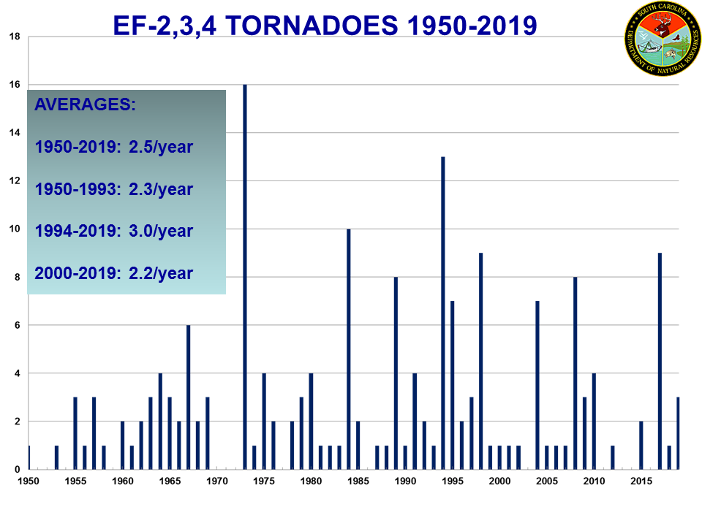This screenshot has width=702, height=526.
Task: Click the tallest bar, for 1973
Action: tap(245, 278)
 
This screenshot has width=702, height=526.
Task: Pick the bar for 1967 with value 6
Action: tap(189, 397)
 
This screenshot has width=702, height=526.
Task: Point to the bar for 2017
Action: tap(660, 361)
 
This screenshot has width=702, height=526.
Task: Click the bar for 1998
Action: tap(481, 361)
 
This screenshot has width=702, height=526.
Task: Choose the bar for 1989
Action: tap(396, 373)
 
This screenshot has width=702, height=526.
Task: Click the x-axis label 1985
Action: tap(358, 481)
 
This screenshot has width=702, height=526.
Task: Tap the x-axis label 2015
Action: tap(641, 481)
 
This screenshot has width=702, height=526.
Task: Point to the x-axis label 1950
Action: tap(29, 481)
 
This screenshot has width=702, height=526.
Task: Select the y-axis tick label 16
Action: tap(14, 85)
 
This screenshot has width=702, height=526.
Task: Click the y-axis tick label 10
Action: tap(14, 229)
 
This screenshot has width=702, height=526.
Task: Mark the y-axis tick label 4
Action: tap(16, 374)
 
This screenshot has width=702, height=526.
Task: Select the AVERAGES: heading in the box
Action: tap(85, 104)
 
